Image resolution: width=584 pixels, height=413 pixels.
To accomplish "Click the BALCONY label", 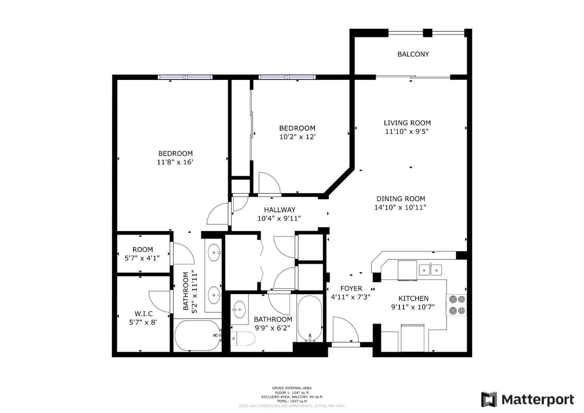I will click(413, 54).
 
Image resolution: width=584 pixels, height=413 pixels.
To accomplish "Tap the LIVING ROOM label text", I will click(407, 123).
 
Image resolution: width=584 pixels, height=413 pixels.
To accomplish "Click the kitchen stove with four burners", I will click(457, 305).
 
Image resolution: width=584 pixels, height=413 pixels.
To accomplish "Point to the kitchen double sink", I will click(430, 269).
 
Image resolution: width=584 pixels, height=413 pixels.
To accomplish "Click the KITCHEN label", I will click(413, 298).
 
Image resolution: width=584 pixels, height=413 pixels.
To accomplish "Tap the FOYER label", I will click(351, 288).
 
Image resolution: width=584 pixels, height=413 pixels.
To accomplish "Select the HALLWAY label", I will click(279, 210).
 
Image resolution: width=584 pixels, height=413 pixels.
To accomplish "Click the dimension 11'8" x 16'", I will click(175, 162).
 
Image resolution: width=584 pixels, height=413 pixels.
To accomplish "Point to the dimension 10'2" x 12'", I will click(297, 137).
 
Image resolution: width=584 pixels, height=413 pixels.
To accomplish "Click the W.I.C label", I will click(144, 314).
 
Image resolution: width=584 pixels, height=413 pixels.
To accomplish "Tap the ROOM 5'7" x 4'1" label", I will click(142, 250).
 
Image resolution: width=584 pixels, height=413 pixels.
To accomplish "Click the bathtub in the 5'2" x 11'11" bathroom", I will click(197, 336).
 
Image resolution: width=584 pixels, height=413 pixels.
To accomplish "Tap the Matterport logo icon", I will click(489, 400).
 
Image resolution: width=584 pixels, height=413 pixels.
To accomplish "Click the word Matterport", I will click(538, 400).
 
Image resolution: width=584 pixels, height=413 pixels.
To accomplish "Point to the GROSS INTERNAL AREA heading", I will click(292, 388).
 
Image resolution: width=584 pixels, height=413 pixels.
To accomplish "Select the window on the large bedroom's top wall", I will click(185, 77).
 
